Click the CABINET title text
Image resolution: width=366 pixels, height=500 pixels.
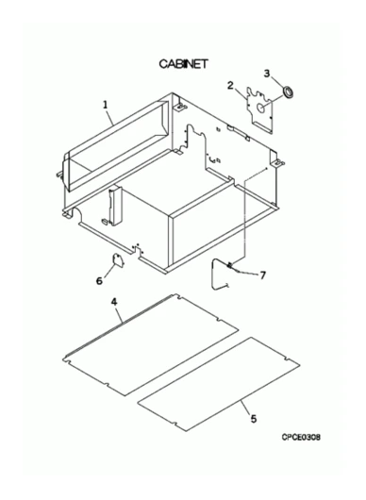[183, 64]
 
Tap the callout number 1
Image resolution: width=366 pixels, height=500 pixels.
[106, 105]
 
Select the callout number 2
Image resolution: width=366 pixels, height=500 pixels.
[230, 86]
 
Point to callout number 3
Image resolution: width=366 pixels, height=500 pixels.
[267, 74]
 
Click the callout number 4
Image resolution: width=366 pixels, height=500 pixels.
[114, 302]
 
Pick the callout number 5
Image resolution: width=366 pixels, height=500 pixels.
[254, 419]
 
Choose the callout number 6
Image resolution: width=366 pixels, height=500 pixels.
[99, 280]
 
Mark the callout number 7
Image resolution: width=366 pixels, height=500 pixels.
[262, 275]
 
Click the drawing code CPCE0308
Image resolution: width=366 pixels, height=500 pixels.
[301, 437]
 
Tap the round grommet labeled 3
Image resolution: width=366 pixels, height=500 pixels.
[290, 92]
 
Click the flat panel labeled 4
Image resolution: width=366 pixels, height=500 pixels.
[150, 344]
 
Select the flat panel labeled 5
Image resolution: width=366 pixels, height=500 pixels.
[219, 384]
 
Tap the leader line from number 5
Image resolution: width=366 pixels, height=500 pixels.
[246, 408]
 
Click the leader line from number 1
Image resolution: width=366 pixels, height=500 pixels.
[109, 117]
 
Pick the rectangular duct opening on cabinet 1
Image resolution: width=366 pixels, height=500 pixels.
[117, 145]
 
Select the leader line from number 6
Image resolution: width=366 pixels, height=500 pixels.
[108, 271]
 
